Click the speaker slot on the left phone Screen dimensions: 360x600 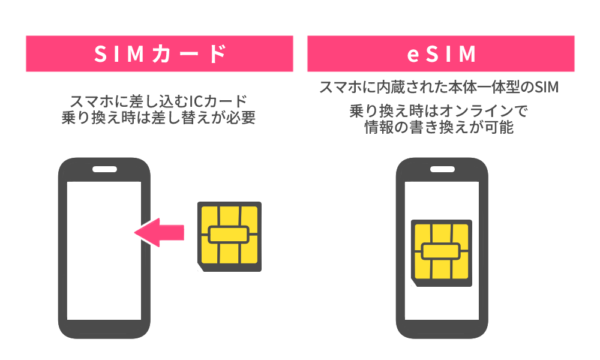[104, 170]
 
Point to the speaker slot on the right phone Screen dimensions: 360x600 [442, 170]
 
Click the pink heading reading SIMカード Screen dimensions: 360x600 [160, 54]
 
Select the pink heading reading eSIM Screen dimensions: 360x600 [441, 54]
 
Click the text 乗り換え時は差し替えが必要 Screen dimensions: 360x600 [159, 118]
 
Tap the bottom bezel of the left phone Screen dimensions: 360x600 [104, 329]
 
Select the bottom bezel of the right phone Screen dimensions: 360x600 [442, 329]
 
